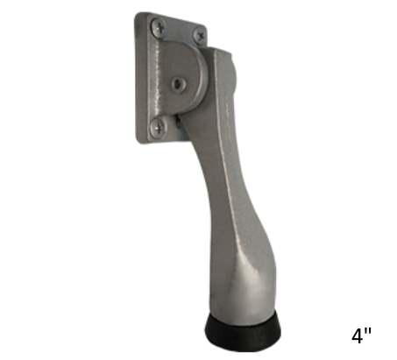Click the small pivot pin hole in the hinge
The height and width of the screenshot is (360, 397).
click(x=180, y=85)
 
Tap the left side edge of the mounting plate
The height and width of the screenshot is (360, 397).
click(x=138, y=79)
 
